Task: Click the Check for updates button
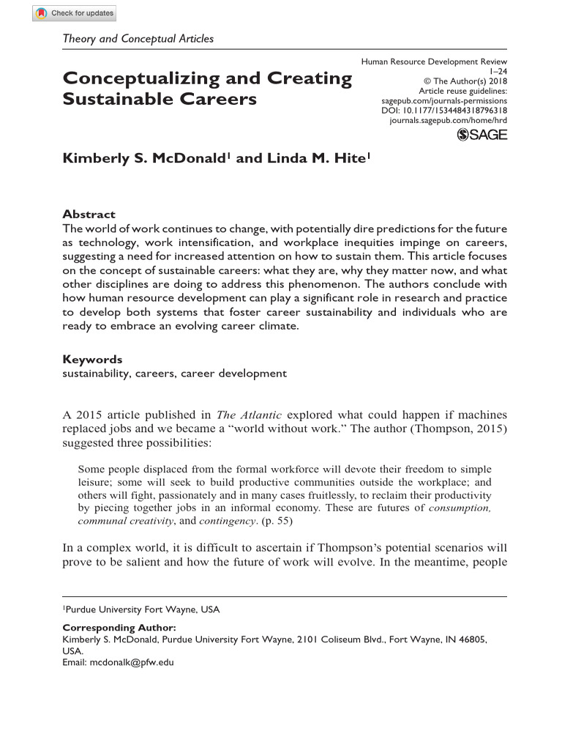point(74,13)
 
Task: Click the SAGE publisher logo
point(482,134)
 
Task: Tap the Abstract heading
point(89,215)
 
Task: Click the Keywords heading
point(92,360)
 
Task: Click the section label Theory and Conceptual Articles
point(138,39)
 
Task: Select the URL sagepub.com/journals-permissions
point(445,100)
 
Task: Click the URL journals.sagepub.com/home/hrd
point(449,119)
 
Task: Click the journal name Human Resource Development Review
point(435,62)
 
